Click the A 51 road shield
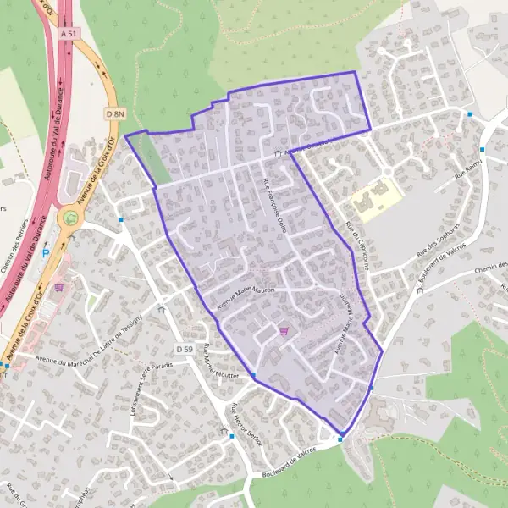tap(69, 33)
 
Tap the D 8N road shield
tap(115, 113)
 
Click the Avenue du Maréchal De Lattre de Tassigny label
tap(102, 348)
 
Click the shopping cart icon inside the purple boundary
tap(284, 331)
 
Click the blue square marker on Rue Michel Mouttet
tap(252, 375)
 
